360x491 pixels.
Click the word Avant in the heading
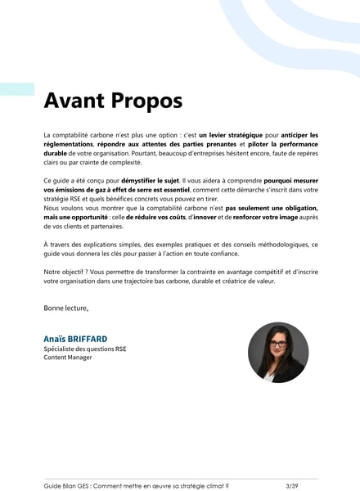(x=72, y=101)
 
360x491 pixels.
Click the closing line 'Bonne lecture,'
(x=65, y=308)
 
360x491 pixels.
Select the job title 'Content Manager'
(x=68, y=357)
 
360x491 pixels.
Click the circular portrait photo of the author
(x=278, y=352)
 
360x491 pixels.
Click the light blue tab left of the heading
(x=17, y=89)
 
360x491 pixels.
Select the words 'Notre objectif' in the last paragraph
(x=65, y=272)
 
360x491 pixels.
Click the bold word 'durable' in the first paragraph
(x=55, y=152)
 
